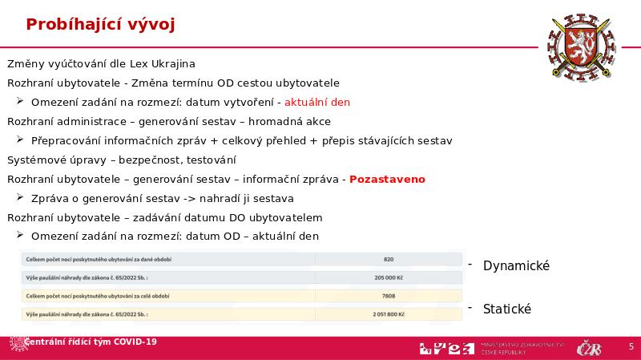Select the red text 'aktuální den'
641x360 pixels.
pos(317,102)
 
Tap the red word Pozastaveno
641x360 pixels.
pos(387,179)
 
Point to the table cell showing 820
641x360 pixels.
pos(389,259)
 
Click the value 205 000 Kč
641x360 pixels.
pos(389,277)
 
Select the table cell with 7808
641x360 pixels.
pos(389,296)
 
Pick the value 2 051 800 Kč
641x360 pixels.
pos(389,314)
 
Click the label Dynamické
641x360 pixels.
pos(516,265)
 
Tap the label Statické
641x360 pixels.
pos(507,309)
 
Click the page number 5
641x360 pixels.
pos(631,346)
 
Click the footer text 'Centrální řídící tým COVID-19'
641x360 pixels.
pos(91,342)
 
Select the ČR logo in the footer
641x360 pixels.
pos(589,348)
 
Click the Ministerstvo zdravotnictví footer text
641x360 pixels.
pos(523,348)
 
